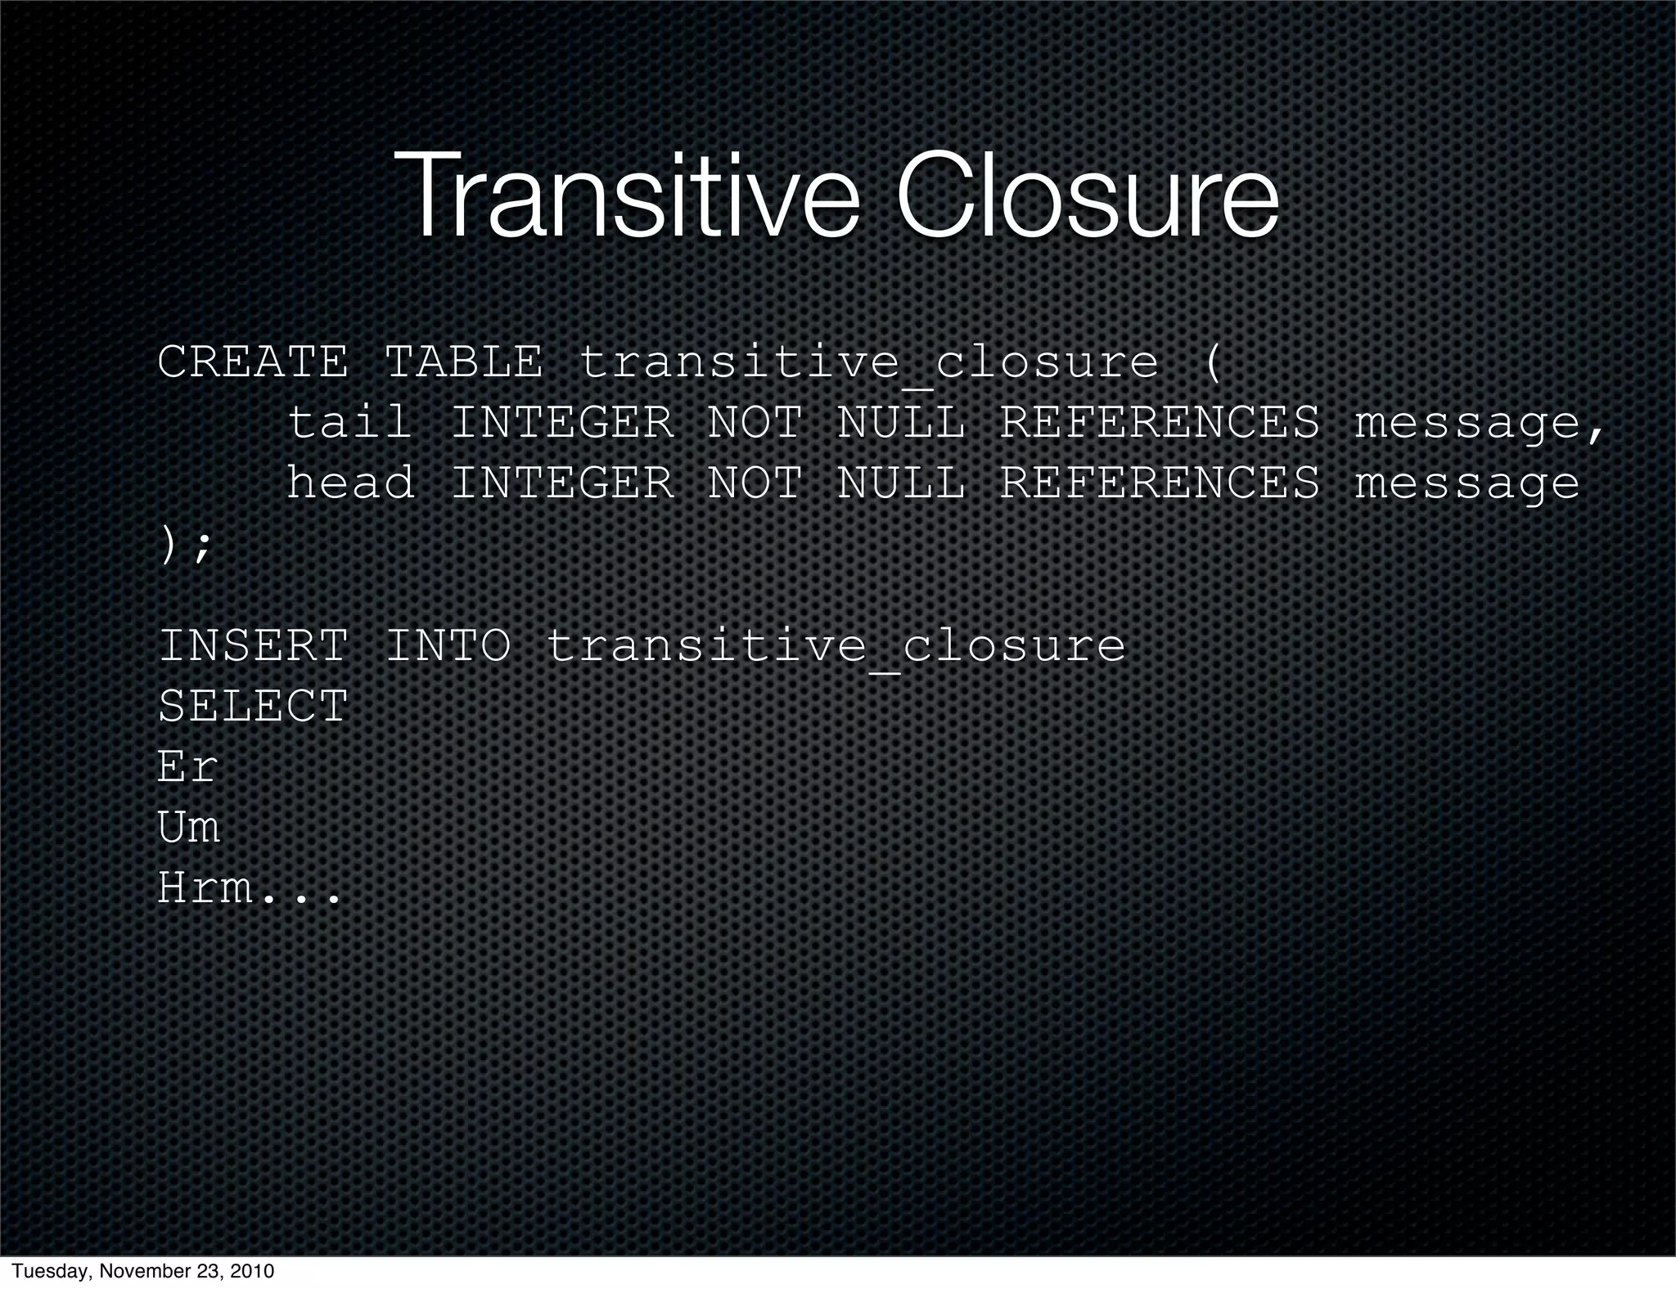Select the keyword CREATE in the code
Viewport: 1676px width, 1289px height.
click(x=252, y=362)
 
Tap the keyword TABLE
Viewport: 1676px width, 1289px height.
click(x=463, y=362)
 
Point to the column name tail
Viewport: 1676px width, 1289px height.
click(x=349, y=423)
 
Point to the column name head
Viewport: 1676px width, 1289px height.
click(x=349, y=483)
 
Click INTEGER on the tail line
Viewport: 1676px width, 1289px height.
click(x=562, y=423)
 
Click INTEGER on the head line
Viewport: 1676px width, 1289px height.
click(x=562, y=483)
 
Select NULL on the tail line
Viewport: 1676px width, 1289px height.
click(x=900, y=423)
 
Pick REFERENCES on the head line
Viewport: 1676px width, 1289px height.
click(x=1160, y=483)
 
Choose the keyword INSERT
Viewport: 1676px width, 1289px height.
click(x=252, y=646)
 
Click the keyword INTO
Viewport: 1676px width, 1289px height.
click(x=448, y=646)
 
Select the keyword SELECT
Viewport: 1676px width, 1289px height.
click(x=252, y=706)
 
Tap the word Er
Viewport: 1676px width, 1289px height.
click(x=187, y=766)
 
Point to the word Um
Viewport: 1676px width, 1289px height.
click(x=188, y=827)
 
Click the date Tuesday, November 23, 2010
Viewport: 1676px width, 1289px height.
click(x=144, y=1271)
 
